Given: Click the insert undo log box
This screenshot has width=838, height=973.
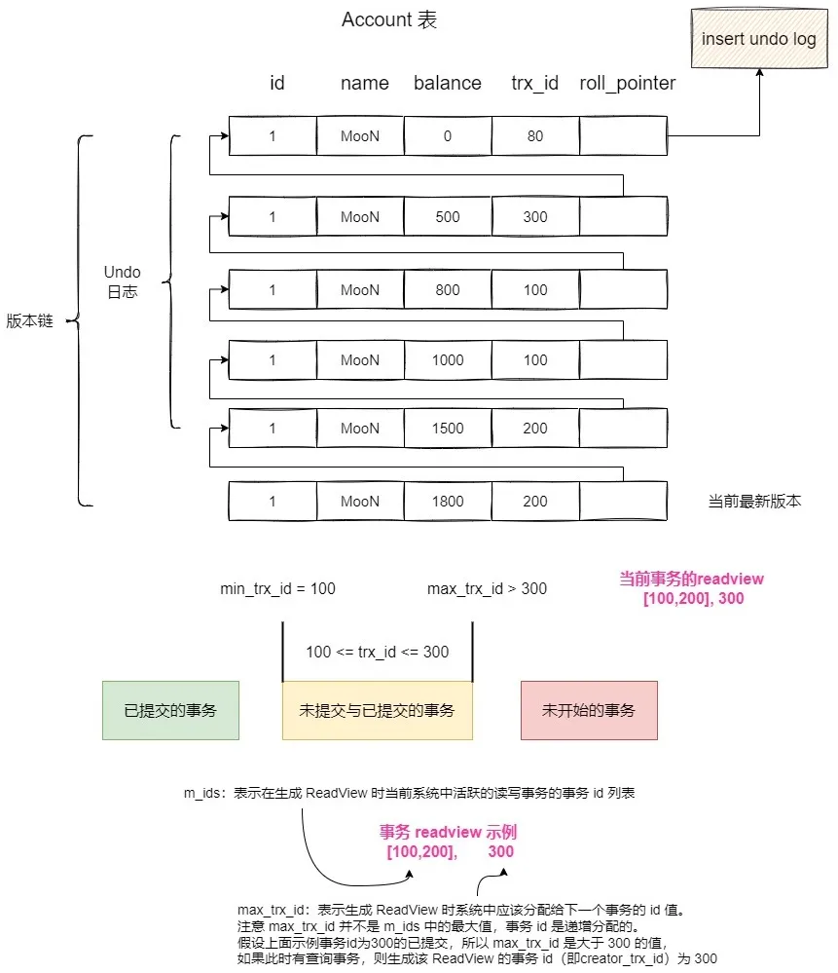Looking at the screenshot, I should click(x=759, y=40).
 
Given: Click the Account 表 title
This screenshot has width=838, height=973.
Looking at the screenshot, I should click(x=389, y=20).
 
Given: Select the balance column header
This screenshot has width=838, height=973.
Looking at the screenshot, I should click(x=447, y=84).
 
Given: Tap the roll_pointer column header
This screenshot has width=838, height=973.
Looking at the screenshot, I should click(x=627, y=84).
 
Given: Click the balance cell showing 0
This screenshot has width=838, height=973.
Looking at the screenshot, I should click(x=448, y=136).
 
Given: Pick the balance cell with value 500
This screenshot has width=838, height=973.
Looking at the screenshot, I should click(x=448, y=217).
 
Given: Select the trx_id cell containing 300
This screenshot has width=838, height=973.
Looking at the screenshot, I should click(x=535, y=217).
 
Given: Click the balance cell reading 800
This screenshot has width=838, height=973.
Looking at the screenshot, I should click(x=448, y=290).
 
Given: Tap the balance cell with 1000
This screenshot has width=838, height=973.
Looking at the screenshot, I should click(x=448, y=360).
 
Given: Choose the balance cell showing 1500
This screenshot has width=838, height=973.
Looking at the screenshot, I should click(x=448, y=429).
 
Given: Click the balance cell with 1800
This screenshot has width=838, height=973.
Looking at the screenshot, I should click(x=448, y=502).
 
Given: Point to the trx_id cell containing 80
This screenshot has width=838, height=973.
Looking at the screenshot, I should click(x=535, y=136).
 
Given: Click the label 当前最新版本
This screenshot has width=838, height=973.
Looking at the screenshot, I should click(x=754, y=503).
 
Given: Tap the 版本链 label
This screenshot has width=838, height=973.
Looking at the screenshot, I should click(x=29, y=321).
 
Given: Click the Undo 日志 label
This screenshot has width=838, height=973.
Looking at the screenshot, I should click(x=123, y=281).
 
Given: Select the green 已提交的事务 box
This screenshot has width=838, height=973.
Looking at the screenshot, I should click(x=170, y=710).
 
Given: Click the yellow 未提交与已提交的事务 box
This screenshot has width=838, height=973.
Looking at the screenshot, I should click(x=377, y=710).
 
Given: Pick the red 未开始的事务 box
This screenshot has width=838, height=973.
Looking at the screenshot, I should click(x=589, y=710).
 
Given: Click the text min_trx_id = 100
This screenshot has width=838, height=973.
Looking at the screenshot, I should click(x=278, y=589).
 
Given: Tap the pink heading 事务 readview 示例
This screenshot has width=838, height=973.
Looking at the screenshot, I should click(x=448, y=834).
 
